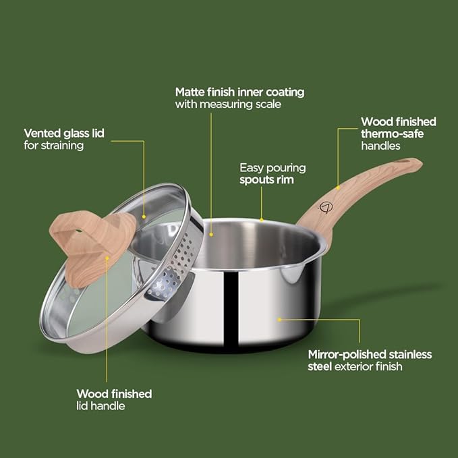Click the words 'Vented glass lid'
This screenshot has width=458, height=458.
click(x=63, y=133)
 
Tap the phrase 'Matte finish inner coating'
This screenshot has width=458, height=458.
click(x=239, y=92)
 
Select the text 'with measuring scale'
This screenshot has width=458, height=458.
click(x=228, y=105)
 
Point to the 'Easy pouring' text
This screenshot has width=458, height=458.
click(x=273, y=167)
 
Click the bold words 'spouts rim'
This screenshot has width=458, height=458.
click(x=267, y=180)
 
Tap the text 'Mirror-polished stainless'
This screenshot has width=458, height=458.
click(x=370, y=354)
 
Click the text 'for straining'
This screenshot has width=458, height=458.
click(x=53, y=146)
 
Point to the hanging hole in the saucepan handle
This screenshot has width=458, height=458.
click(x=405, y=165)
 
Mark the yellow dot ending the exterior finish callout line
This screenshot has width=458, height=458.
click(x=279, y=320)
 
